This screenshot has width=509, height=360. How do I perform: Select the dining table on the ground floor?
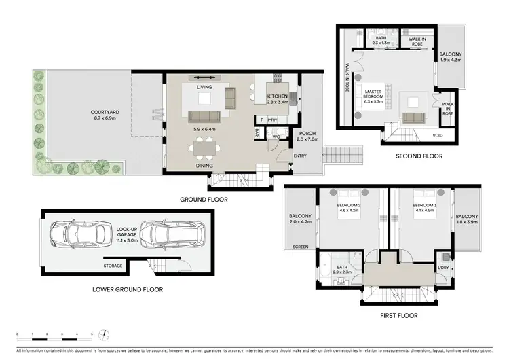[204, 147]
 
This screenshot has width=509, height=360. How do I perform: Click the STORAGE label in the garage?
[113, 266]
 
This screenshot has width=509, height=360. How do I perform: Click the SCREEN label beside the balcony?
[299, 247]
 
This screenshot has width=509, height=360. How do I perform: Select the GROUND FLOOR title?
[204, 200]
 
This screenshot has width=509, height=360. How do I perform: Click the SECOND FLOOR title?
[419, 156]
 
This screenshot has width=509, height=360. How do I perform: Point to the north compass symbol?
[106, 333]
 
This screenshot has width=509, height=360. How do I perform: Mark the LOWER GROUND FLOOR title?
[127, 289]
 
